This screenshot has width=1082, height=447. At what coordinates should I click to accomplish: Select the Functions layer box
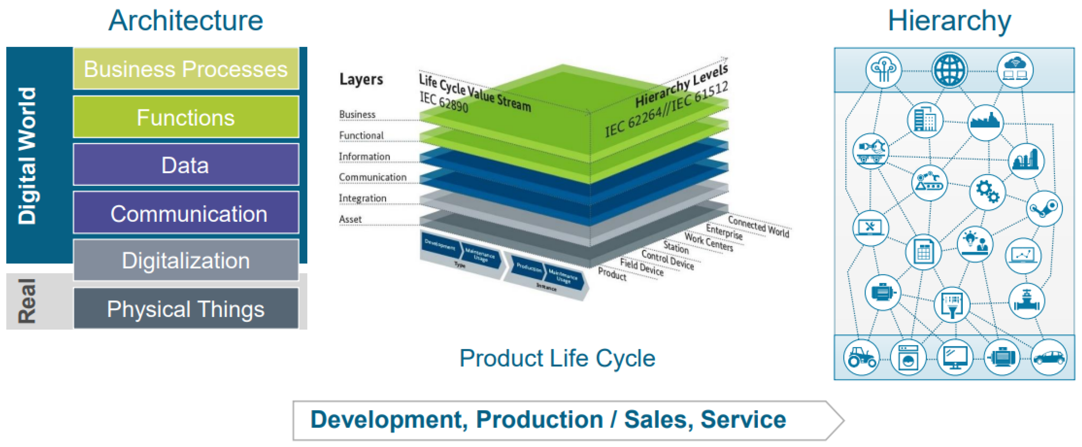186,117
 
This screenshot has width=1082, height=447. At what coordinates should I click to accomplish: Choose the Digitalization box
186,260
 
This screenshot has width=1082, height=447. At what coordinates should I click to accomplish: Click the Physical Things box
186,309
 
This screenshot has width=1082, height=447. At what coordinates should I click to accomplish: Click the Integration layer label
363,198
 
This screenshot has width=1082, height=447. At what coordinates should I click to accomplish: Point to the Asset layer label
350,219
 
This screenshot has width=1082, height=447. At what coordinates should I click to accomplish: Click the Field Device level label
641,267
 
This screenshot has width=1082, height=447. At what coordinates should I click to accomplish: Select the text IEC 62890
444,102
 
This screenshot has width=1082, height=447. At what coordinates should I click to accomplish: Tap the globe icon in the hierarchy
949,70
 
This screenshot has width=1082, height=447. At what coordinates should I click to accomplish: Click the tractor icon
861,358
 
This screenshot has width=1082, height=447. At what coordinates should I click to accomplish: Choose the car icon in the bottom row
1049,358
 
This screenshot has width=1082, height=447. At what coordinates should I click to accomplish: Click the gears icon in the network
987,192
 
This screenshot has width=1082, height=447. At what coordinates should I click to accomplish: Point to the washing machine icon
908,358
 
